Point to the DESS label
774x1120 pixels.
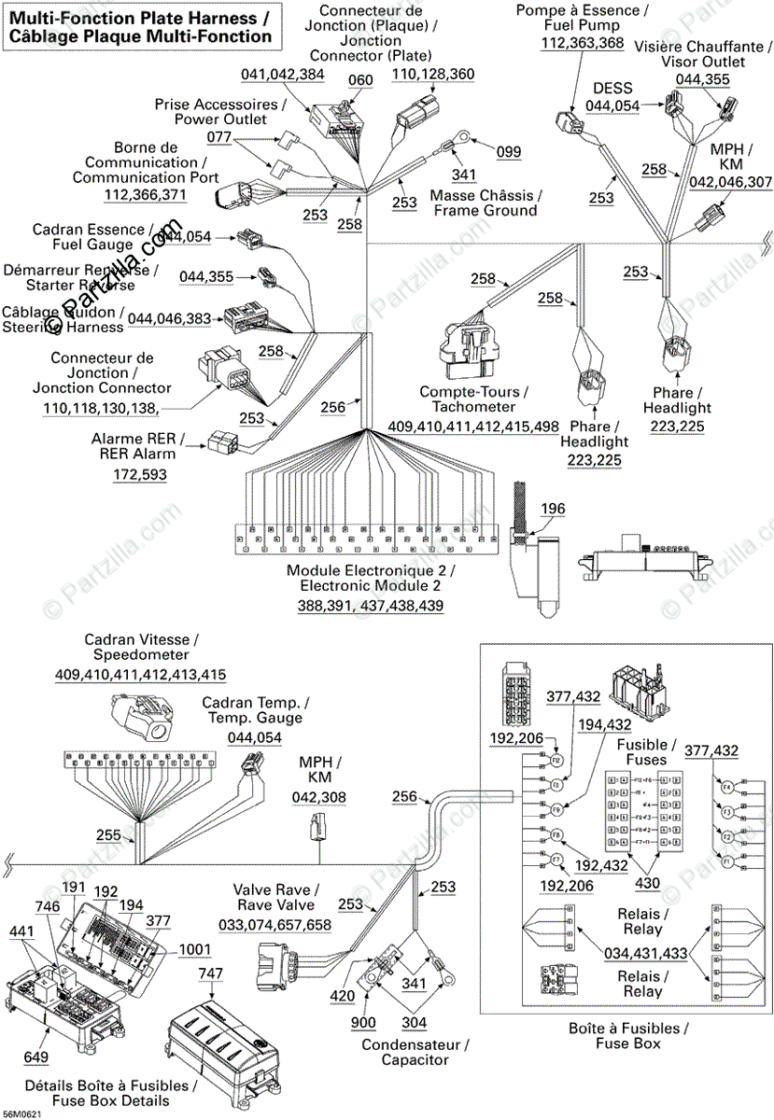point(612,89)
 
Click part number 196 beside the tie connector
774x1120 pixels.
point(553,509)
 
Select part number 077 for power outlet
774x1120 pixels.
point(218,137)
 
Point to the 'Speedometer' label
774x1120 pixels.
point(140,656)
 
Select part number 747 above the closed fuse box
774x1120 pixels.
point(211,973)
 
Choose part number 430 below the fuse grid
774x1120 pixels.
point(647,883)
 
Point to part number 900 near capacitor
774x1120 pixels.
point(363,1023)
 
